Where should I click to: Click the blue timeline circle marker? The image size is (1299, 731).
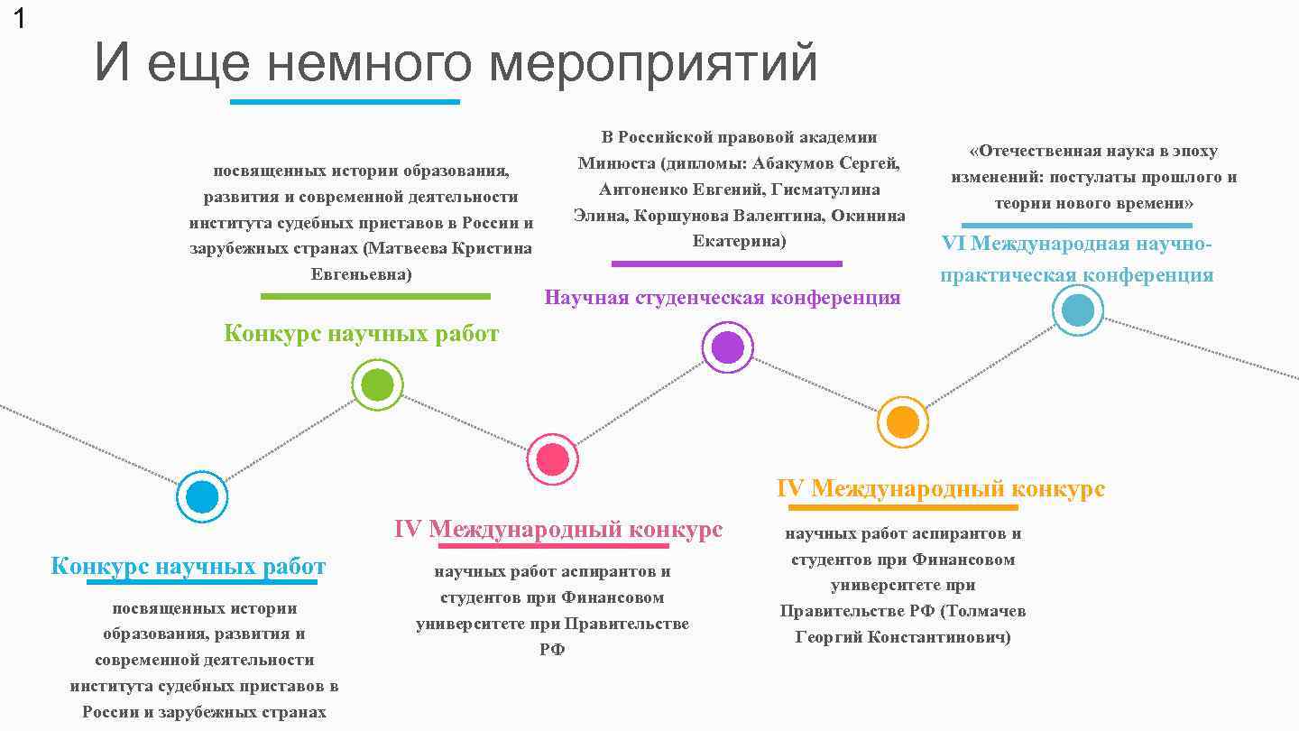202,496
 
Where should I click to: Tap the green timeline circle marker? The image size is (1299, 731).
377,385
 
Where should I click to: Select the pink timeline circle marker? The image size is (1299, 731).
552,459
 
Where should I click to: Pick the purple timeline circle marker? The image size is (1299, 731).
727,347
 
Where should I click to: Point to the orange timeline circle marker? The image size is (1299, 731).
902,421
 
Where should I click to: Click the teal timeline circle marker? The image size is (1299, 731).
1078,310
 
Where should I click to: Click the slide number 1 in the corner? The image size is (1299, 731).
19,19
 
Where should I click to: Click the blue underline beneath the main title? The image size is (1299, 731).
345,102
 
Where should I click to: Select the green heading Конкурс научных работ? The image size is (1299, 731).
361,334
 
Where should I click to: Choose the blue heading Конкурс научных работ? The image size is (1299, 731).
188,567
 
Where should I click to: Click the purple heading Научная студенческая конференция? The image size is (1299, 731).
722,298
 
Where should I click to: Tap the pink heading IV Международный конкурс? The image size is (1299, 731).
557,529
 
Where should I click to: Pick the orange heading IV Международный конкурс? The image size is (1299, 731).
940,488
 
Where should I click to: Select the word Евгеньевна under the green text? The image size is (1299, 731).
361,273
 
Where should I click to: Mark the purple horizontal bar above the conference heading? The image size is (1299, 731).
726,264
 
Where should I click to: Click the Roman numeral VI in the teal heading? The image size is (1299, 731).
954,244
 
